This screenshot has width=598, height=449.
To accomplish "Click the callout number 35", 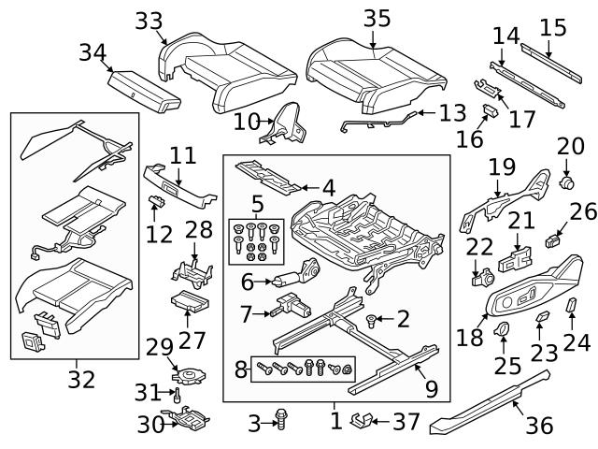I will (x=377, y=20).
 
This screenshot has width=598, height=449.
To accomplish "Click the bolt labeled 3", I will (x=280, y=423).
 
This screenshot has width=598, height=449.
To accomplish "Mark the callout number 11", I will (x=183, y=155).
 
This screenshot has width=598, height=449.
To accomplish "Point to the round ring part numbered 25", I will (x=501, y=328).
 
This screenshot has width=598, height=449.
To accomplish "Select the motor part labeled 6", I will (x=298, y=279).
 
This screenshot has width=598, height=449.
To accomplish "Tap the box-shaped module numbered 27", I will (x=189, y=303).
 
